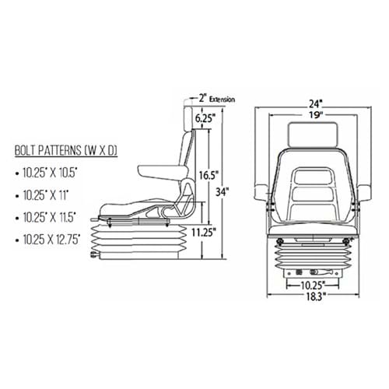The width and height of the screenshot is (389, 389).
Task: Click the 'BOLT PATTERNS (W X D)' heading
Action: pos(66,150)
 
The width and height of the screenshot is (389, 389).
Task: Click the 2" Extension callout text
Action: pos(217,99)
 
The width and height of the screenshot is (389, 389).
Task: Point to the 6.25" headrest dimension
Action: pos(205,118)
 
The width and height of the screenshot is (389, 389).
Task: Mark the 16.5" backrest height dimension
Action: pos(209,175)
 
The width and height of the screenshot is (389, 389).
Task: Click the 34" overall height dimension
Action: pos(223,192)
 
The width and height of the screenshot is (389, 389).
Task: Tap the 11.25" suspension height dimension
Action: pos(204,233)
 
